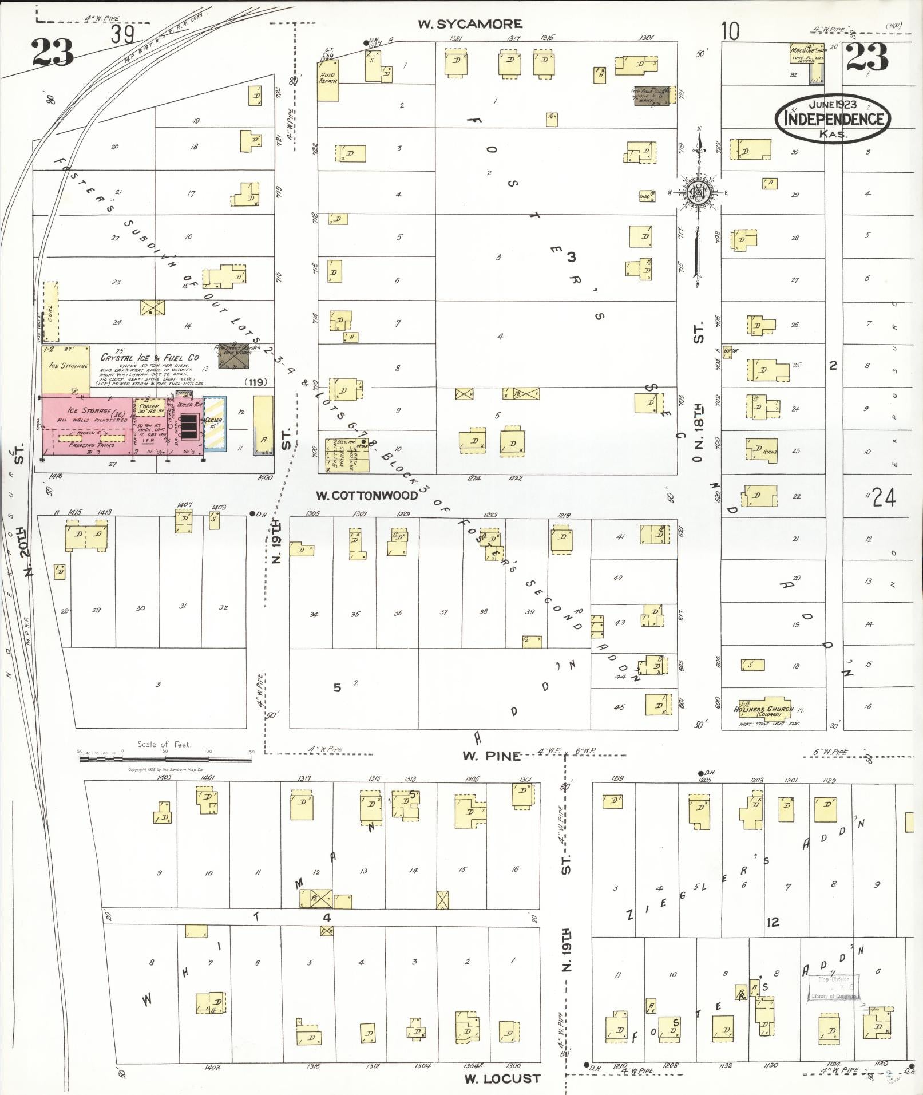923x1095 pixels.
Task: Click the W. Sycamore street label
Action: [469, 24]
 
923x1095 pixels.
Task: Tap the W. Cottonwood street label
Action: [367, 495]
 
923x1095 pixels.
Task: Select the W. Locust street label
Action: [502, 1078]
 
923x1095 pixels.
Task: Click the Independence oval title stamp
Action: [833, 118]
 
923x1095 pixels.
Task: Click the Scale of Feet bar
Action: [164, 759]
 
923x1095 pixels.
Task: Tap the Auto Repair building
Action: [328, 81]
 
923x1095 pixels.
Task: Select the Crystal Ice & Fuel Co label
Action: [149, 357]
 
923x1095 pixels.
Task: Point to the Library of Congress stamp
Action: [833, 987]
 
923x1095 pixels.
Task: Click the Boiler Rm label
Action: [190, 405]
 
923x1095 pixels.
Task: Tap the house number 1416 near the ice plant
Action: [56, 476]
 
